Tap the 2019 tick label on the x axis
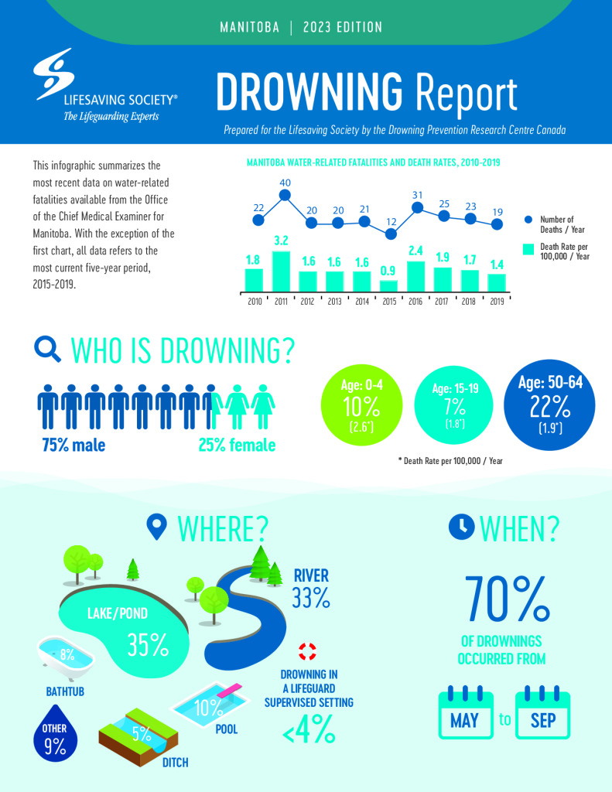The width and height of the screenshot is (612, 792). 497,302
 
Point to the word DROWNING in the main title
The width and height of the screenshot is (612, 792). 309,94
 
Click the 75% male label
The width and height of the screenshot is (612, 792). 74,445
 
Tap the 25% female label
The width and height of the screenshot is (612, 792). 236,445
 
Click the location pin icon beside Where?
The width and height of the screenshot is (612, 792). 158,527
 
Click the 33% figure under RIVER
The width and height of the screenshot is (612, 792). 311,597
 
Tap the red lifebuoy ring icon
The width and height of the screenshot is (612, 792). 309,650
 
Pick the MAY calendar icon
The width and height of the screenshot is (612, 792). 466,712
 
